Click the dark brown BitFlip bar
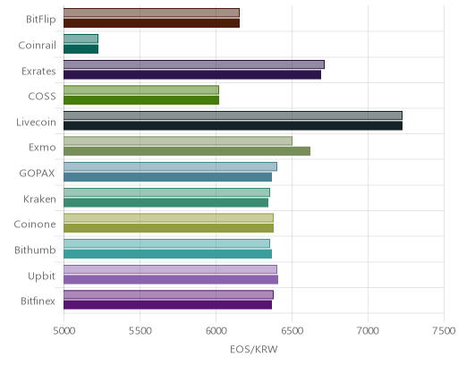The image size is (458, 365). (151, 23)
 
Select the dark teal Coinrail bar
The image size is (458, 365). (81, 49)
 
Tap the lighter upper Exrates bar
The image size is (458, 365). (194, 64)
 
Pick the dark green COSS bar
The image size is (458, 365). (141, 100)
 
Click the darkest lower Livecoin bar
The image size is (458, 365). (233, 126)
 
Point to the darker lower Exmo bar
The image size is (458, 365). (187, 151)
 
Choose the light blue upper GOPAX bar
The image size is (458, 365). (170, 166)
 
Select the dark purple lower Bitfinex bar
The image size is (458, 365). (167, 305)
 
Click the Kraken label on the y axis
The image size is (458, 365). (39, 199)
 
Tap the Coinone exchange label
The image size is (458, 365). (35, 225)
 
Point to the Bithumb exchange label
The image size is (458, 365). (35, 250)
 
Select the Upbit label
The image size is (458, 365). (41, 276)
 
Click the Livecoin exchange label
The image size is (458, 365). (36, 123)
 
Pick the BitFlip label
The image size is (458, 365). (41, 20)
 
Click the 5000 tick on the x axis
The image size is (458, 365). (64, 331)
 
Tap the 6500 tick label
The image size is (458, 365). (293, 331)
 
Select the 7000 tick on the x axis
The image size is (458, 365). (369, 331)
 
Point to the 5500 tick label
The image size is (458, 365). (140, 331)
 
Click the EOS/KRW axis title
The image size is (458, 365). (254, 349)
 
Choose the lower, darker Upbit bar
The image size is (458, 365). (171, 280)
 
